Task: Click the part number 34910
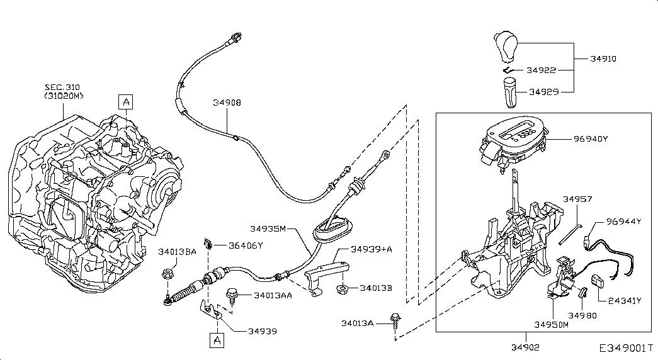tap(603, 59)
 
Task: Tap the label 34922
tap(541, 70)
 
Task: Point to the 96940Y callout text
tap(591, 138)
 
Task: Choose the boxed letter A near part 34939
tap(217, 340)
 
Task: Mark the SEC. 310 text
tap(62, 87)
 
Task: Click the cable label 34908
tap(227, 103)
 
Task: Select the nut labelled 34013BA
tap(166, 274)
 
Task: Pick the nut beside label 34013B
tap(343, 289)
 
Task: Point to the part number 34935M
tap(268, 228)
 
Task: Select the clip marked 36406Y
tap(208, 244)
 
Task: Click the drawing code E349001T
tap(626, 348)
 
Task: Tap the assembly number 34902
tap(525, 347)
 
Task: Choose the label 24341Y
tap(625, 301)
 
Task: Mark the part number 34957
tap(577, 199)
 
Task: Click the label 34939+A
tap(372, 249)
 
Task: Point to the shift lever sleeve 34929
tap(510, 93)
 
